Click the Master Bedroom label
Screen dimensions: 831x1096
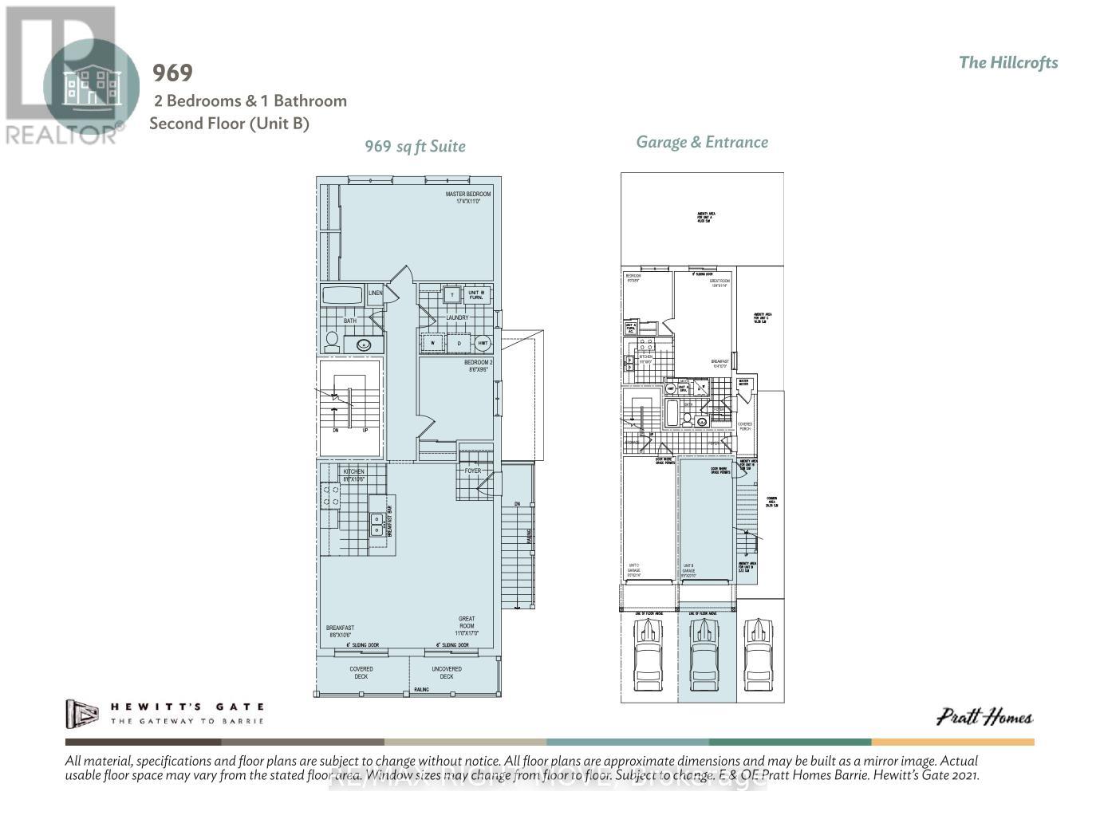pyautogui.click(x=467, y=198)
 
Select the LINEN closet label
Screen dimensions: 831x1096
pyautogui.click(x=375, y=293)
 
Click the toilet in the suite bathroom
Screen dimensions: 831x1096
pyautogui.click(x=332, y=341)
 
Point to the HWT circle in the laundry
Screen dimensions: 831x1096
pyautogui.click(x=482, y=344)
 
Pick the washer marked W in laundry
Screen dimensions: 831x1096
pyautogui.click(x=433, y=344)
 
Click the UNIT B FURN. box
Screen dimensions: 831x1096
pyautogui.click(x=476, y=294)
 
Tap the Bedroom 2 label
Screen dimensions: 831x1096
pyautogui.click(x=479, y=366)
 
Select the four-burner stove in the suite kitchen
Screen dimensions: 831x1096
pyautogui.click(x=329, y=495)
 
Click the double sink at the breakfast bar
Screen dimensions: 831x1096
pyautogui.click(x=376, y=524)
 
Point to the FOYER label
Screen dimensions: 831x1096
pyautogui.click(x=472, y=471)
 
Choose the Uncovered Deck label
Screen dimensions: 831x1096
pyautogui.click(x=446, y=673)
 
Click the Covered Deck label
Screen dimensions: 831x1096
pyautogui.click(x=361, y=673)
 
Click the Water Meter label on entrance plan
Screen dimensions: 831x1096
pyautogui.click(x=744, y=384)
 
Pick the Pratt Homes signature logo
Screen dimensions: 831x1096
pyautogui.click(x=984, y=717)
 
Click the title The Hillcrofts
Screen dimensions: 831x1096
pyautogui.click(x=1008, y=63)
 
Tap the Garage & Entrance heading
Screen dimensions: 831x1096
pyautogui.click(x=702, y=142)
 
